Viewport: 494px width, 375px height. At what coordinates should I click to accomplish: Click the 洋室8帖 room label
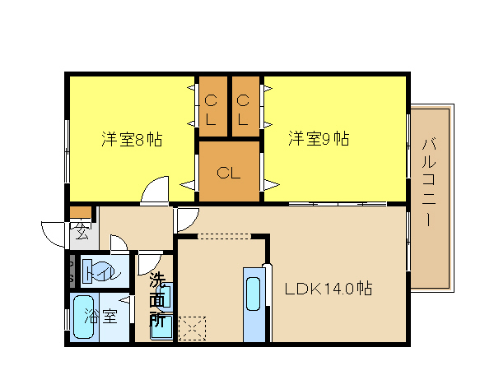click(132, 139)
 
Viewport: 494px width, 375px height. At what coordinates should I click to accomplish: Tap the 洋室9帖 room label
click(319, 138)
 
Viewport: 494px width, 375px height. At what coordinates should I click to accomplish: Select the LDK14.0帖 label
click(329, 288)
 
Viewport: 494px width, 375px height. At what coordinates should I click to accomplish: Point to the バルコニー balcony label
click(428, 182)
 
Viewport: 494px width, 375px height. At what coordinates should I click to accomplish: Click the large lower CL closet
click(229, 171)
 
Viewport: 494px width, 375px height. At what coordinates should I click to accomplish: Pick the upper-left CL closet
click(213, 106)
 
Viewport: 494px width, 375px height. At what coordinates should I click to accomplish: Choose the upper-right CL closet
click(245, 106)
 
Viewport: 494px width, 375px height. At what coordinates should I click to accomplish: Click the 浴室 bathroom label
click(100, 316)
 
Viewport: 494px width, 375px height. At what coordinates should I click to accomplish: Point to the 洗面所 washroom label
click(157, 300)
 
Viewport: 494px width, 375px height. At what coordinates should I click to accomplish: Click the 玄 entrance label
click(81, 232)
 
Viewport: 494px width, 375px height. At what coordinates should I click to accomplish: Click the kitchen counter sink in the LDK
click(254, 294)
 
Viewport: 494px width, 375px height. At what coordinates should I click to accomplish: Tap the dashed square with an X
click(192, 329)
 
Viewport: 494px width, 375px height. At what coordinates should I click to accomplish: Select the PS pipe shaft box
click(72, 271)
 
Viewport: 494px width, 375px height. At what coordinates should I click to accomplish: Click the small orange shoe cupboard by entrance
click(81, 211)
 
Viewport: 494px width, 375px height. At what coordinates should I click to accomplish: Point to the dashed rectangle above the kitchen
click(224, 236)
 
